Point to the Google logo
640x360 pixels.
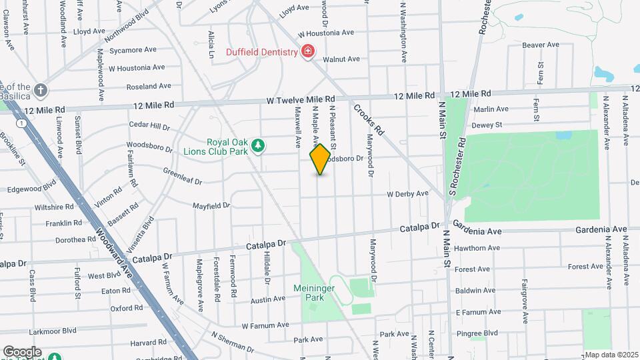(x=22, y=352)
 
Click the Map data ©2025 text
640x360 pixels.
(x=611, y=355)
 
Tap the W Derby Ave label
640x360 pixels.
(x=407, y=194)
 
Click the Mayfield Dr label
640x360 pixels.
(x=211, y=205)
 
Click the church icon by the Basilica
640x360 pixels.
(x=41, y=89)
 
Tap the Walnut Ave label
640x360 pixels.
(x=341, y=59)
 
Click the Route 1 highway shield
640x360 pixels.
(x=23, y=123)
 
